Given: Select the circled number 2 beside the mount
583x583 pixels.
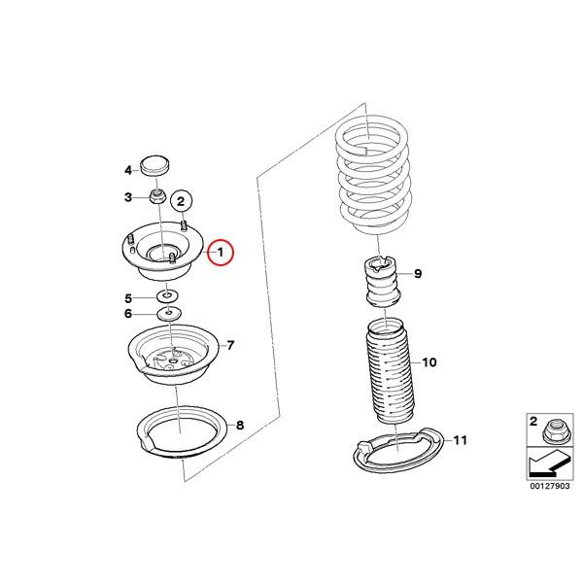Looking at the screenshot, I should (180, 201).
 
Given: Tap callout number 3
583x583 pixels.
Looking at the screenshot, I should (127, 198).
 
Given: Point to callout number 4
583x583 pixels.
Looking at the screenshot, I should (127, 170).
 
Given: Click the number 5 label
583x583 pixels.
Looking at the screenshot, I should (127, 297).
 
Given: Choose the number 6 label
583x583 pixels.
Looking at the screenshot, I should (127, 314).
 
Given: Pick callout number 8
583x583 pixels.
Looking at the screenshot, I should (240, 425).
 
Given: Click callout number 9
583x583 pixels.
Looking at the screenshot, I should (418, 274).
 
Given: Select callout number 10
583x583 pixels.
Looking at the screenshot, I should (429, 362).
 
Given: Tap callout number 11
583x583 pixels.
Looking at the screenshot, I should (460, 440).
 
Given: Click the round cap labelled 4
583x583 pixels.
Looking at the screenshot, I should (154, 166).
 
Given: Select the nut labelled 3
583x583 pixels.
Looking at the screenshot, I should (158, 198).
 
